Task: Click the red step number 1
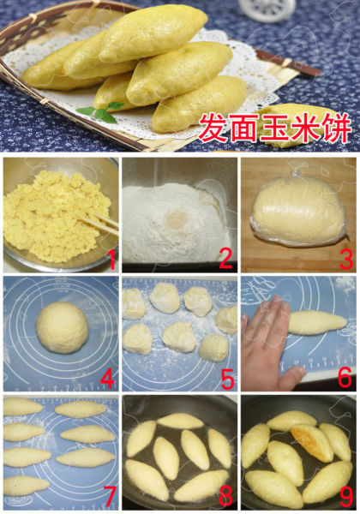(109, 254)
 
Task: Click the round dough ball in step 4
(62, 327)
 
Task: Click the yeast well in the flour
(178, 219)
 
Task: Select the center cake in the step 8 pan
(194, 450)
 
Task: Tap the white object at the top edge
(292, 9)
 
